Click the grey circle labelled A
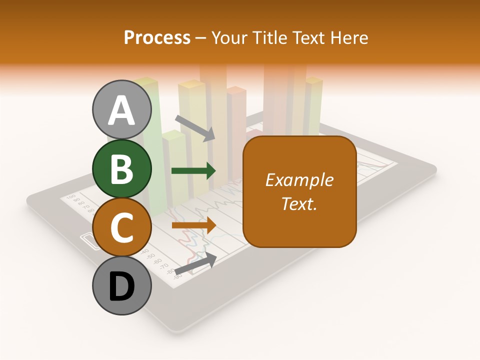122,109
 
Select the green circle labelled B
122,168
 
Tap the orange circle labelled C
122,227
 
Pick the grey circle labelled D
122,286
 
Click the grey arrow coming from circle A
195,128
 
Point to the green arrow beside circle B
193,171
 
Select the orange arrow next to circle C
193,225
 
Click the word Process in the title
157,37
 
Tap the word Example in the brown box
299,180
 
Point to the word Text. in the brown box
299,204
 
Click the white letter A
122,110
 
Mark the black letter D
122,287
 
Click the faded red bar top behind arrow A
236,90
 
